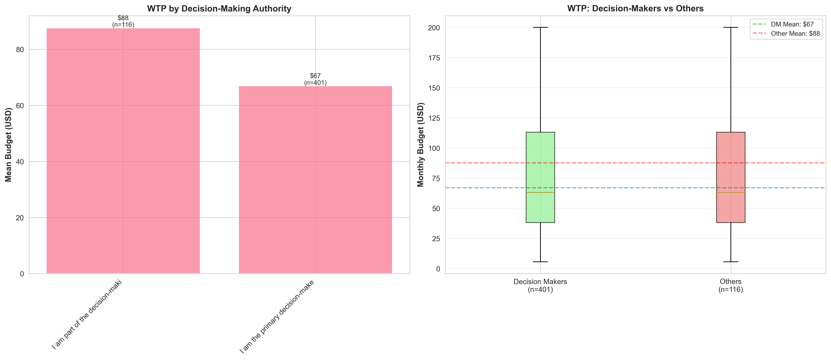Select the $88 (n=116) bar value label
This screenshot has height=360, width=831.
(123, 21)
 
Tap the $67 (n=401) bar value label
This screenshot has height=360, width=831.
(315, 79)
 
